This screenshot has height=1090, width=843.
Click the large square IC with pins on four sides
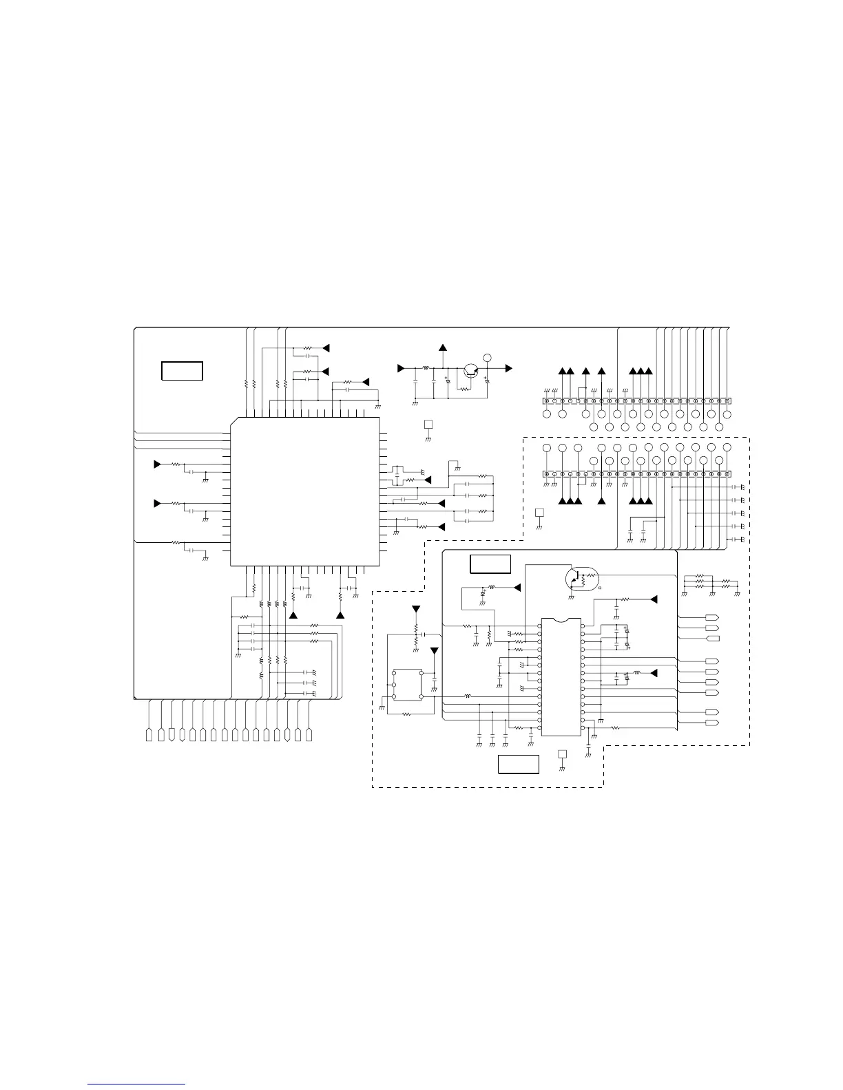point(304,491)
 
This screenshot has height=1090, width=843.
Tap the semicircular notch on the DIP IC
point(561,620)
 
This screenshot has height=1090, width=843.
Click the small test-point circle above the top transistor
point(488,357)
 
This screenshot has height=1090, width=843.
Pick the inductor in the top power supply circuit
point(426,368)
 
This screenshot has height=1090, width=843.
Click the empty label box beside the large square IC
point(182,370)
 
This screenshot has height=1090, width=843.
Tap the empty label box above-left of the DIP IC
point(490,564)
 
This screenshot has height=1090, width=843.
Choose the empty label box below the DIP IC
point(519,764)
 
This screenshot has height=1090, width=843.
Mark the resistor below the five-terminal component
point(406,714)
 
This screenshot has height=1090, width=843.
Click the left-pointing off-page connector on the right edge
point(714,639)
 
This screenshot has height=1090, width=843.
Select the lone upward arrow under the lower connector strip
point(601,501)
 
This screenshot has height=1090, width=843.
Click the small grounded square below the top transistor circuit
point(428,424)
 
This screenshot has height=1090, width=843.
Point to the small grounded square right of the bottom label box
point(562,754)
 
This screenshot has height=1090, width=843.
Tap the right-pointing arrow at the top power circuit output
point(508,368)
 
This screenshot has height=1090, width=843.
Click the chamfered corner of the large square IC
point(233,420)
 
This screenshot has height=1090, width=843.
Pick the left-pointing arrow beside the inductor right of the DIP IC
point(654,672)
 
